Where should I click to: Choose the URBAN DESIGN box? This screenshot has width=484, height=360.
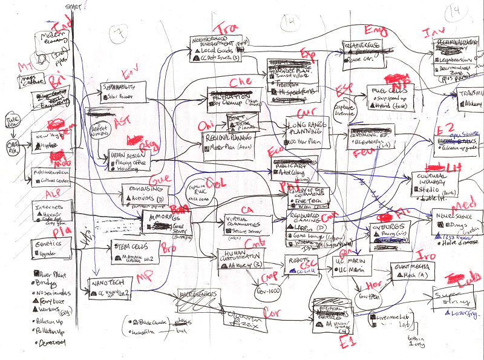(x=128, y=158)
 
